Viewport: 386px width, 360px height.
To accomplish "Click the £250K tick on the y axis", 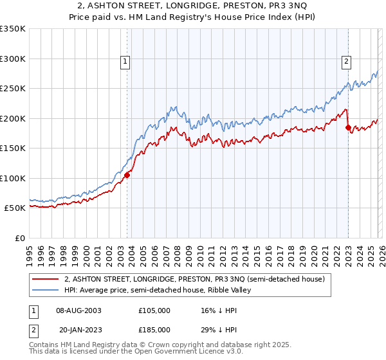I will click(13, 88).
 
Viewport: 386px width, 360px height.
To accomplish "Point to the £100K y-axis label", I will click(13, 178).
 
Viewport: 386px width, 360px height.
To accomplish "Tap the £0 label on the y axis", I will click(19, 238).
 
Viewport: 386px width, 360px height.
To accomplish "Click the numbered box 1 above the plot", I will click(125, 62).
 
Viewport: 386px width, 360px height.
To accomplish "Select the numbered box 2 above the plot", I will click(346, 62).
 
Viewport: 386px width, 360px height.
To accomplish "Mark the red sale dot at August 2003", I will click(127, 175).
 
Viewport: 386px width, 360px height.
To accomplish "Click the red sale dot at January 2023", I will click(348, 127).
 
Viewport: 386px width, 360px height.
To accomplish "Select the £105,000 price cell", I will click(154, 310).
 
